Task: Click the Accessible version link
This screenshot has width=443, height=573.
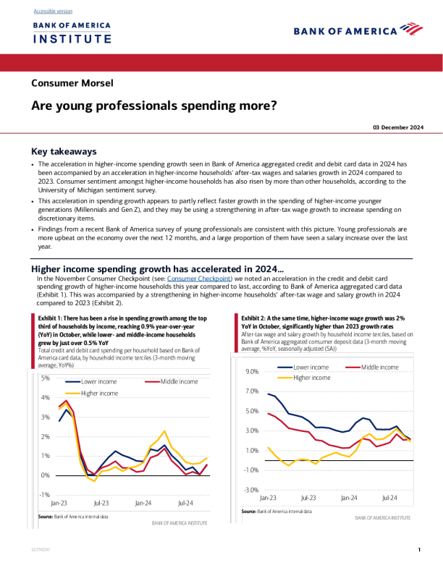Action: pos(52,12)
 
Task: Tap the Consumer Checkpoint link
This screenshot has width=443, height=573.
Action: pos(198,279)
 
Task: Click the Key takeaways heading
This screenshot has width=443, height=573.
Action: pos(64,152)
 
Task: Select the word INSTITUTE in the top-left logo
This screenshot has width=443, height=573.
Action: pos(72,38)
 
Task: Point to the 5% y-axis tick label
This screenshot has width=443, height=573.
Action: pos(45,378)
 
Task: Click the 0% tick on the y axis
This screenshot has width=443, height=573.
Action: pos(45,475)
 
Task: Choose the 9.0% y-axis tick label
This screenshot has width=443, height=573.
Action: pos(252,372)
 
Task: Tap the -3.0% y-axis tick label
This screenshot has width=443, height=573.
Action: pos(251,490)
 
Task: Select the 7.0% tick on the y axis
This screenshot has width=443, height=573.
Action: pos(252,391)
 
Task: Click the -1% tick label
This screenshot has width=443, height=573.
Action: pos(44,495)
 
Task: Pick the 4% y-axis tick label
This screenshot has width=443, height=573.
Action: pos(45,398)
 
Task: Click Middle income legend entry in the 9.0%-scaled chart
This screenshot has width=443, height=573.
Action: pos(379,368)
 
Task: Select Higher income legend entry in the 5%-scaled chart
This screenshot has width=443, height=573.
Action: pos(100,393)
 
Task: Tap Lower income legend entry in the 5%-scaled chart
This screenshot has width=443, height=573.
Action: pos(99,382)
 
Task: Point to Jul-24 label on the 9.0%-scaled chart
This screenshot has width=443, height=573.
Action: pos(390,498)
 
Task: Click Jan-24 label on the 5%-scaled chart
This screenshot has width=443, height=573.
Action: pos(143,503)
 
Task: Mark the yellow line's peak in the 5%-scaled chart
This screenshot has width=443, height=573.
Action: pos(164,431)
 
